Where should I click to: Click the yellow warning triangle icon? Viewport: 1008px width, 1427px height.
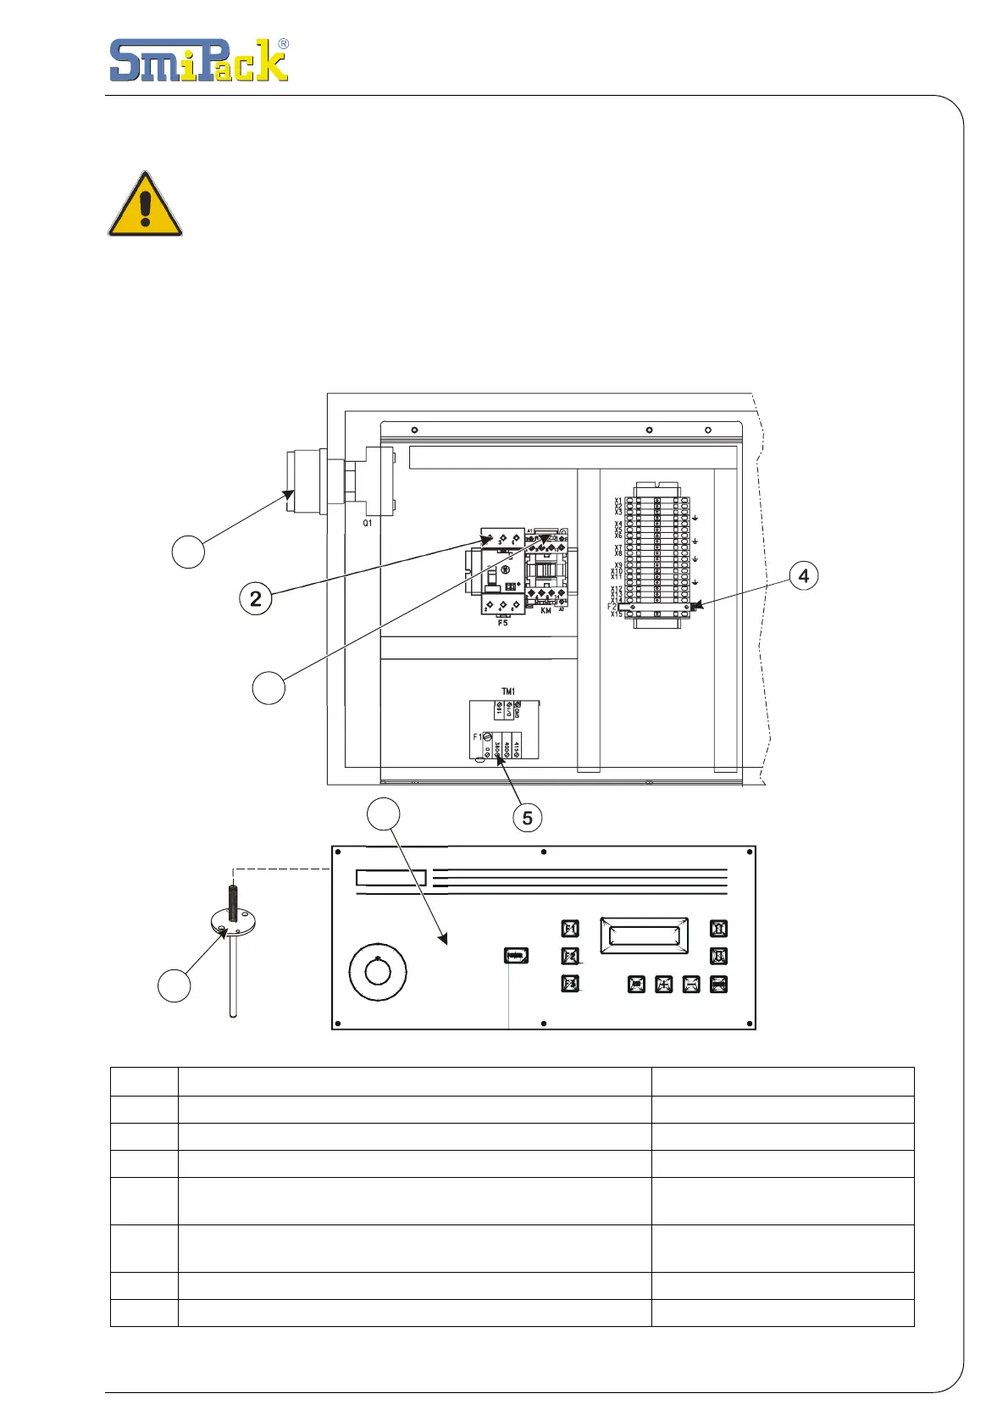click(145, 206)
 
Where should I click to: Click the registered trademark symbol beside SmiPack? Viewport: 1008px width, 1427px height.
click(283, 44)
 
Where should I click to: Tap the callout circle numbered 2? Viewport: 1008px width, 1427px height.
click(256, 599)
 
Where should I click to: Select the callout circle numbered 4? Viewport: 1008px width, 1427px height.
click(803, 576)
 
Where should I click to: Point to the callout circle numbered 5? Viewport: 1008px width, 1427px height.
click(527, 818)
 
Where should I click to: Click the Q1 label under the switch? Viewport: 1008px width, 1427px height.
click(368, 524)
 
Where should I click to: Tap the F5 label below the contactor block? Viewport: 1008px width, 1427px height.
click(503, 623)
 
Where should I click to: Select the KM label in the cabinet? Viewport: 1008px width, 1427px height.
click(546, 611)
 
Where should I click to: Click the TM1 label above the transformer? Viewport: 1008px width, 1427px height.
click(508, 691)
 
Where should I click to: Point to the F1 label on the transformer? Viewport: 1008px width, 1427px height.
click(477, 737)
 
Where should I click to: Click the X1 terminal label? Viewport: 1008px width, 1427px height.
click(618, 501)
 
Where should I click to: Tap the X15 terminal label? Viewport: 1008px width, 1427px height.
click(617, 614)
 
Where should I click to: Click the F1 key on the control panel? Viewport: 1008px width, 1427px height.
click(571, 928)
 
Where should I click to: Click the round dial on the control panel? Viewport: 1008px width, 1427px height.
click(378, 972)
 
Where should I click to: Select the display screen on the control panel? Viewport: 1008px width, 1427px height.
click(644, 936)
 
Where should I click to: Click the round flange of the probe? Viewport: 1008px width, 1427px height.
click(233, 922)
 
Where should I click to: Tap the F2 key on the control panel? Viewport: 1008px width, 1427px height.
click(571, 956)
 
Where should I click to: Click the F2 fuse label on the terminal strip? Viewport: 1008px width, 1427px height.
click(612, 607)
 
